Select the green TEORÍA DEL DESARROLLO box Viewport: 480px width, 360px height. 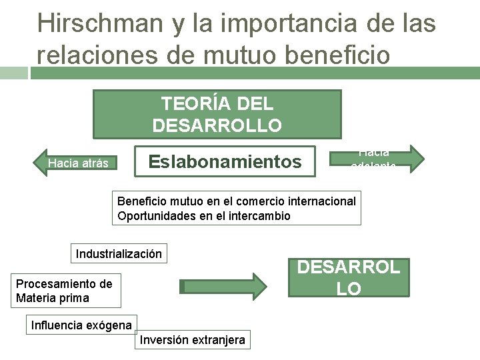217,114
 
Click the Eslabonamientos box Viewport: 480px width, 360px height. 225,161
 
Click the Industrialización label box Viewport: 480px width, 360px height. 119,254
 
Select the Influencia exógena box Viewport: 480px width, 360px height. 81,325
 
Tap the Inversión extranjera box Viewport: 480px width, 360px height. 192,340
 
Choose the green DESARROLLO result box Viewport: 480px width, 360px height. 349,278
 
